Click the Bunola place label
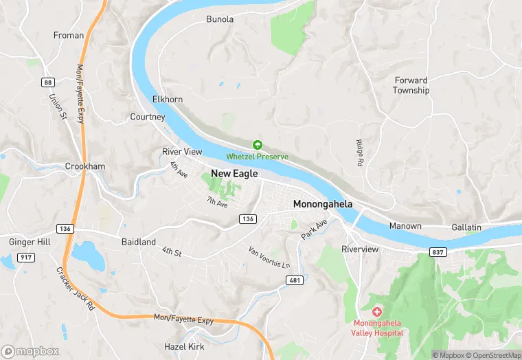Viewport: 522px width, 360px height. pos(220,19)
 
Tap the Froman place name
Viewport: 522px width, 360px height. pos(69,35)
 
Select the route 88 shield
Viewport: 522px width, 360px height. pos(47,82)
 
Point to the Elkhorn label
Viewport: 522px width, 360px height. pos(167,99)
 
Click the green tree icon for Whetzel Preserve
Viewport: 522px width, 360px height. pos(258,145)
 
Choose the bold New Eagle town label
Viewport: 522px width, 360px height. pos(234,174)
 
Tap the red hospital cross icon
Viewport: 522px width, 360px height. pos(377,313)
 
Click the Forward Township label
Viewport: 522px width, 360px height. pos(411,85)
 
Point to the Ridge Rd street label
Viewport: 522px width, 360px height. pos(359,153)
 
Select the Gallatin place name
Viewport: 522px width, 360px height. pos(466,227)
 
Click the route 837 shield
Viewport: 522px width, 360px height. pos(438,252)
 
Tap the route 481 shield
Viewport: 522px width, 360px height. pos(295,280)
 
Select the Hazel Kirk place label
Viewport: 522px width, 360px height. pos(184,346)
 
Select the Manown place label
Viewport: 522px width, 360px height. pos(405,226)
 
